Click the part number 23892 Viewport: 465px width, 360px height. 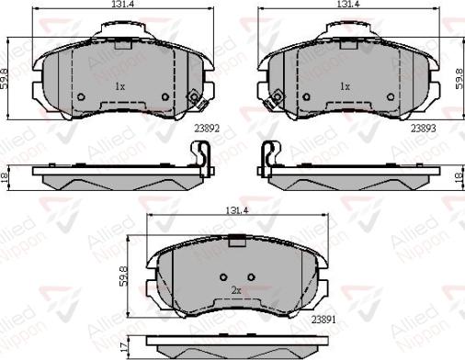point(207,129)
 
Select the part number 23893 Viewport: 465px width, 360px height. point(423,129)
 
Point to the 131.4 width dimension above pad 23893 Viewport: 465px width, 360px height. point(346,6)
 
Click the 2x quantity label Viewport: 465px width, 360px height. point(236,290)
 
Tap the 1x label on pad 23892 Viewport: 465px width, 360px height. point(119,85)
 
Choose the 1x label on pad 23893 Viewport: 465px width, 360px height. point(346,85)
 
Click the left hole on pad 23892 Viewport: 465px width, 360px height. point(80,96)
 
